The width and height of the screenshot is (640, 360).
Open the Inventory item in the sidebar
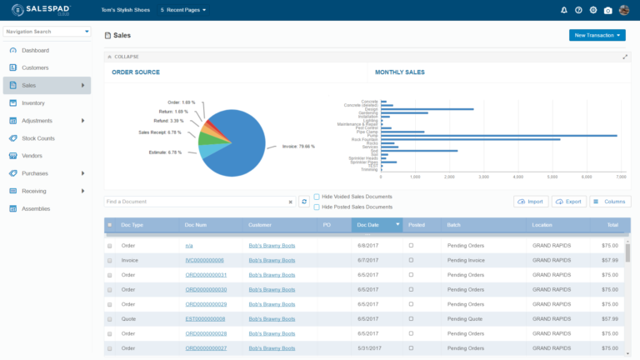(x=33, y=103)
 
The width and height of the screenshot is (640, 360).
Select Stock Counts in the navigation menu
(x=38, y=138)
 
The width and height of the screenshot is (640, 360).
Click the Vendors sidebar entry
(x=32, y=156)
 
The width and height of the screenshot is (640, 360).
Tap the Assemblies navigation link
(x=36, y=208)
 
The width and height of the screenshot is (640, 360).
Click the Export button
(x=567, y=202)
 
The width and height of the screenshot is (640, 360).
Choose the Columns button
(x=610, y=202)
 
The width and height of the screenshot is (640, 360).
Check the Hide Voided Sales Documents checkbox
(x=317, y=197)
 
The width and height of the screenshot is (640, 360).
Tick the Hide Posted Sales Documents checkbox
(x=317, y=207)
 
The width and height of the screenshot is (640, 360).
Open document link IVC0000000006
(x=204, y=260)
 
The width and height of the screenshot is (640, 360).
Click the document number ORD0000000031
(x=206, y=274)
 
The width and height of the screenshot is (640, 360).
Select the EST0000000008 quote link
(x=205, y=318)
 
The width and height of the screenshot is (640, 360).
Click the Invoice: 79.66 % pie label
(x=298, y=147)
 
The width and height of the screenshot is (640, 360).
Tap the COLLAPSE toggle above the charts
(x=125, y=57)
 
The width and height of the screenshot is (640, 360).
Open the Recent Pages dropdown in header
(x=182, y=10)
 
